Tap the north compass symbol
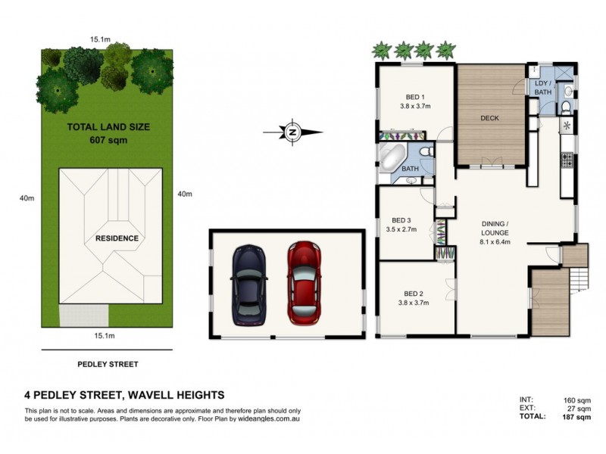[292, 132]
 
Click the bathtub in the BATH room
[391, 159]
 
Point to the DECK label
[489, 117]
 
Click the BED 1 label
[414, 97]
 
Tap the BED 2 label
[413, 294]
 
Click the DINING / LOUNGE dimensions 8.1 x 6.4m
[496, 242]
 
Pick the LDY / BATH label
[543, 88]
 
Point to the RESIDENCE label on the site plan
[117, 238]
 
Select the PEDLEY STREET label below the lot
[108, 364]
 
